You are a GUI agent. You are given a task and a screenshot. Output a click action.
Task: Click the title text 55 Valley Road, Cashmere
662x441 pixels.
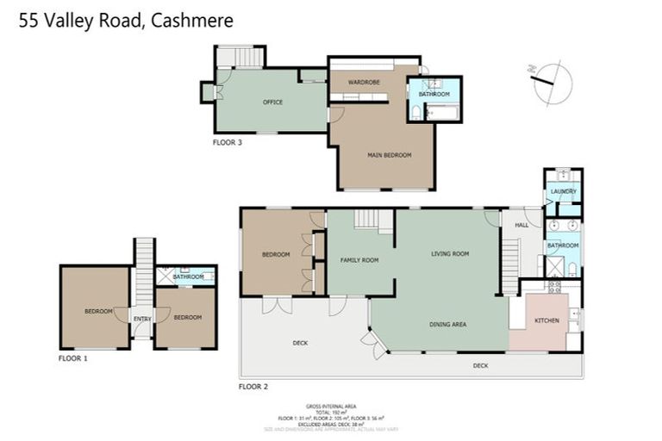pyautogui.click(x=126, y=20)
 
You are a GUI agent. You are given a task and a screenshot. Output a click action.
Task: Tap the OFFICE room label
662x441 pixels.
pyautogui.click(x=272, y=102)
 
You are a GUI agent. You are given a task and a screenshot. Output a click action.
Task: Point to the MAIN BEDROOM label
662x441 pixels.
pyautogui.click(x=390, y=155)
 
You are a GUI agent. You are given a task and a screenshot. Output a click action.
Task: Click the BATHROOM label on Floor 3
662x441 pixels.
pyautogui.click(x=434, y=94)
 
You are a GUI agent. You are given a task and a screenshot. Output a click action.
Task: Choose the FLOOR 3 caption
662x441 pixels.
pyautogui.click(x=228, y=142)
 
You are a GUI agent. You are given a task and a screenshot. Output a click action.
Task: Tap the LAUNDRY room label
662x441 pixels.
pyautogui.click(x=563, y=191)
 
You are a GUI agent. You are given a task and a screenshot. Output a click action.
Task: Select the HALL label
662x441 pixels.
pyautogui.click(x=521, y=225)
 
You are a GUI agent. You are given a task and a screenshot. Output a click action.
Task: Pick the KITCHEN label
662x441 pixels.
pyautogui.click(x=546, y=320)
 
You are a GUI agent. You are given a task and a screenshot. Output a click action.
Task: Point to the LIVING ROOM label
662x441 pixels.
pyautogui.click(x=450, y=253)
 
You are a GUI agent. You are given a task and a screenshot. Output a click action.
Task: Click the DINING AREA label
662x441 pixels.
pyautogui.click(x=448, y=324)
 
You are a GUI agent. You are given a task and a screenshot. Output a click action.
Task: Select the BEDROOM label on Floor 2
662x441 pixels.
pyautogui.click(x=276, y=254)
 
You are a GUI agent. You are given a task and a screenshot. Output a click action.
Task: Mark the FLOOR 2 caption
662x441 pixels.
pyautogui.click(x=253, y=387)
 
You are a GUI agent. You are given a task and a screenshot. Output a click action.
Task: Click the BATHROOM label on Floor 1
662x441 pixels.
pyautogui.click(x=188, y=276)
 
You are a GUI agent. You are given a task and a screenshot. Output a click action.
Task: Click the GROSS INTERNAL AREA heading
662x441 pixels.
pyautogui.click(x=330, y=406)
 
